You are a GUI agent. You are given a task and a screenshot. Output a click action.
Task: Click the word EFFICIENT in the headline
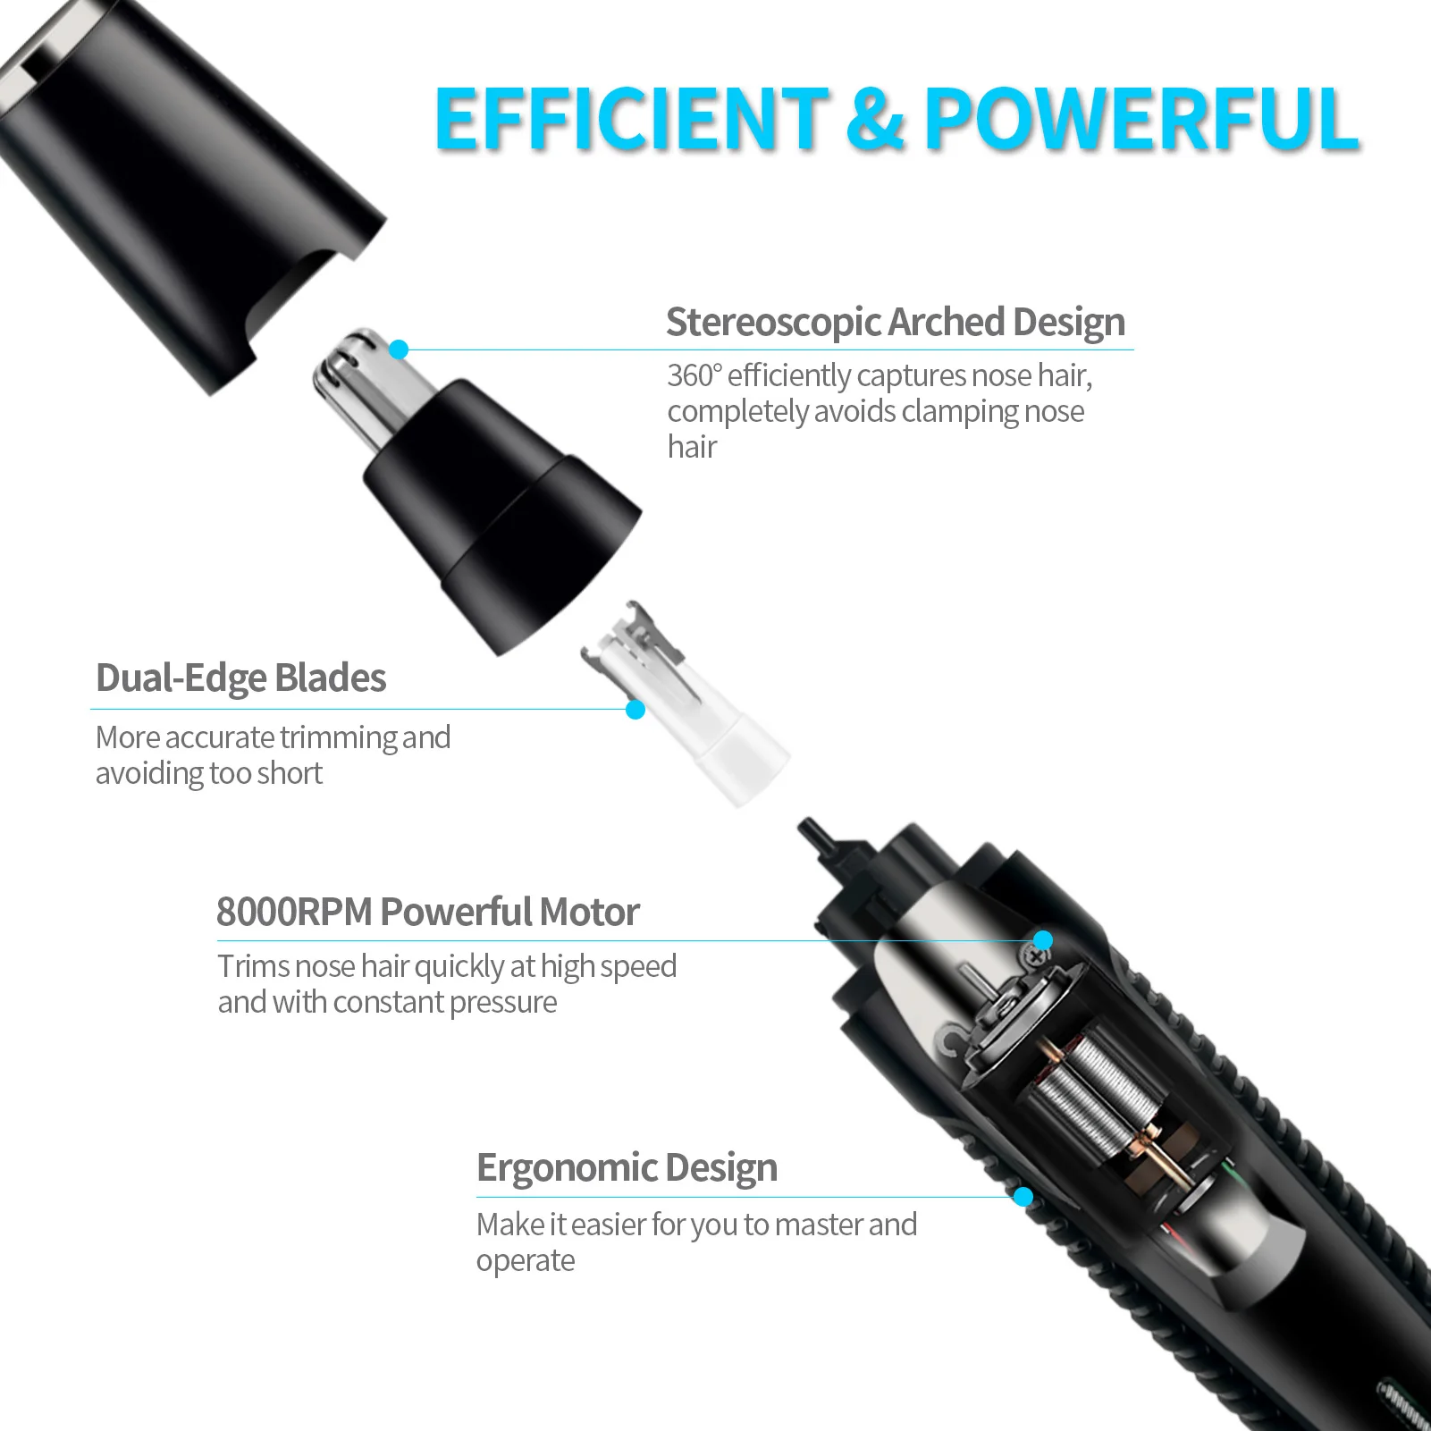coord(631,118)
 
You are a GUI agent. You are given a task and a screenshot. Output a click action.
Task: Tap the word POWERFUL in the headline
coord(1141,118)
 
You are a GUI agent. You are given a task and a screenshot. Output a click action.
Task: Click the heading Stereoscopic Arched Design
coord(895,322)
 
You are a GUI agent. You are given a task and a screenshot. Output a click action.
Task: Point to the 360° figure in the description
coord(694,375)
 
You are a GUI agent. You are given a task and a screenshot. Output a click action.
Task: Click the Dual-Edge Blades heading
coord(240,678)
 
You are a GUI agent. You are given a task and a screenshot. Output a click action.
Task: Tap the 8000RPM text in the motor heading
coord(294,913)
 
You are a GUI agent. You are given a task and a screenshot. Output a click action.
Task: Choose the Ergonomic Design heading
coord(627,1167)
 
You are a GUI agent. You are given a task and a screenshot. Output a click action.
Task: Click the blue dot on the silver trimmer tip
coord(400,349)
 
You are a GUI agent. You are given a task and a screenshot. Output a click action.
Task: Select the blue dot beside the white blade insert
coord(636,710)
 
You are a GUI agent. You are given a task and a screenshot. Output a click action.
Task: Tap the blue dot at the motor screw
coord(1043,940)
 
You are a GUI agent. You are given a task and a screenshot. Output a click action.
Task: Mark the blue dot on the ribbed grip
coord(1023,1197)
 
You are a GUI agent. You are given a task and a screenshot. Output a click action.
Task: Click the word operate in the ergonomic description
coord(526,1261)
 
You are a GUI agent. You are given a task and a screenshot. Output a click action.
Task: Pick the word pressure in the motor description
coord(503,1003)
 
